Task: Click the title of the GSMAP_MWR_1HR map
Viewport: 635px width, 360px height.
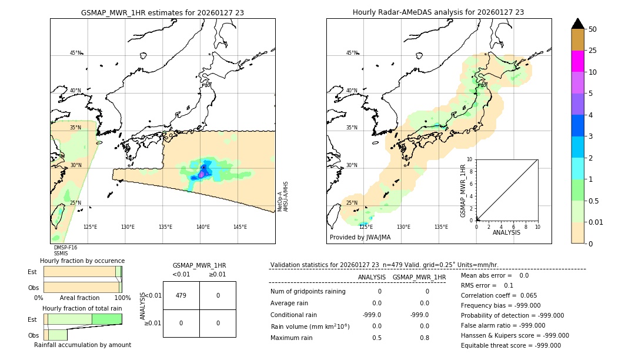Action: pos(162,12)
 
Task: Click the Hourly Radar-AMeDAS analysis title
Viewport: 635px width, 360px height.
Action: pos(438,12)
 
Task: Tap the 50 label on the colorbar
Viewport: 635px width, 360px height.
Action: pos(593,29)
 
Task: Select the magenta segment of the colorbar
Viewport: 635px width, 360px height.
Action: pos(577,61)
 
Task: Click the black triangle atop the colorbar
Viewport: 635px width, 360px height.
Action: pos(577,24)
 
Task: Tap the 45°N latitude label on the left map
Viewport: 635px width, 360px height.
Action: pos(75,53)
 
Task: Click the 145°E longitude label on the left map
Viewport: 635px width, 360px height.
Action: pos(240,227)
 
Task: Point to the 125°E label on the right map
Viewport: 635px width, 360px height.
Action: pos(366,227)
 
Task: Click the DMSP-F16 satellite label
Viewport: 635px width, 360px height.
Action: pos(65,248)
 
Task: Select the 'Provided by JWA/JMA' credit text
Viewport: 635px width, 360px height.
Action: pos(360,238)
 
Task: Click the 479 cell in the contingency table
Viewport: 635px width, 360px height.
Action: pos(181,295)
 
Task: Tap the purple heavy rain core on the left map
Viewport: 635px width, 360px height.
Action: pos(201,174)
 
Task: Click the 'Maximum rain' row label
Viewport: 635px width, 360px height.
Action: pos(292,338)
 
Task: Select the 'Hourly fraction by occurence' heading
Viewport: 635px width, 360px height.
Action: pos(82,261)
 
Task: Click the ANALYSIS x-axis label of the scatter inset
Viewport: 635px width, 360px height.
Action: pos(506,232)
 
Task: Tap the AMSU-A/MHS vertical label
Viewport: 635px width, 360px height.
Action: pos(286,196)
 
